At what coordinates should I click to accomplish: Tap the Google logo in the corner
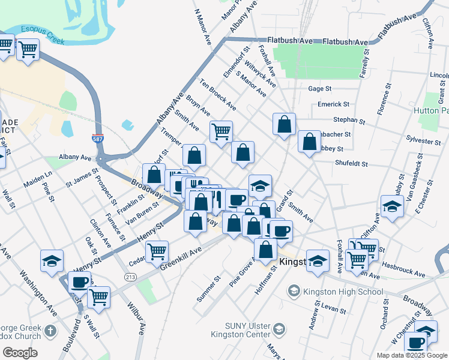pyautogui.click(x=20, y=353)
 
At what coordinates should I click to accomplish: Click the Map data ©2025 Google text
pyautogui.click(x=412, y=355)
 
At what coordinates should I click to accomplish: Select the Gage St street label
pyautogui.click(x=319, y=89)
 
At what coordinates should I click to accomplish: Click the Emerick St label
pyautogui.click(x=333, y=104)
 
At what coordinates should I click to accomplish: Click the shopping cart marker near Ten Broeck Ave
pyautogui.click(x=221, y=131)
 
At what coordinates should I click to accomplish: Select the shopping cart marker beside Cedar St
pyautogui.click(x=157, y=251)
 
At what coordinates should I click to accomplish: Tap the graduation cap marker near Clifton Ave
pyautogui.click(x=391, y=207)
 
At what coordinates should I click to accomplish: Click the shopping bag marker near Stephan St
pyautogui.click(x=284, y=124)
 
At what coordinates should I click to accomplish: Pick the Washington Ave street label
pyautogui.click(x=37, y=287)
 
